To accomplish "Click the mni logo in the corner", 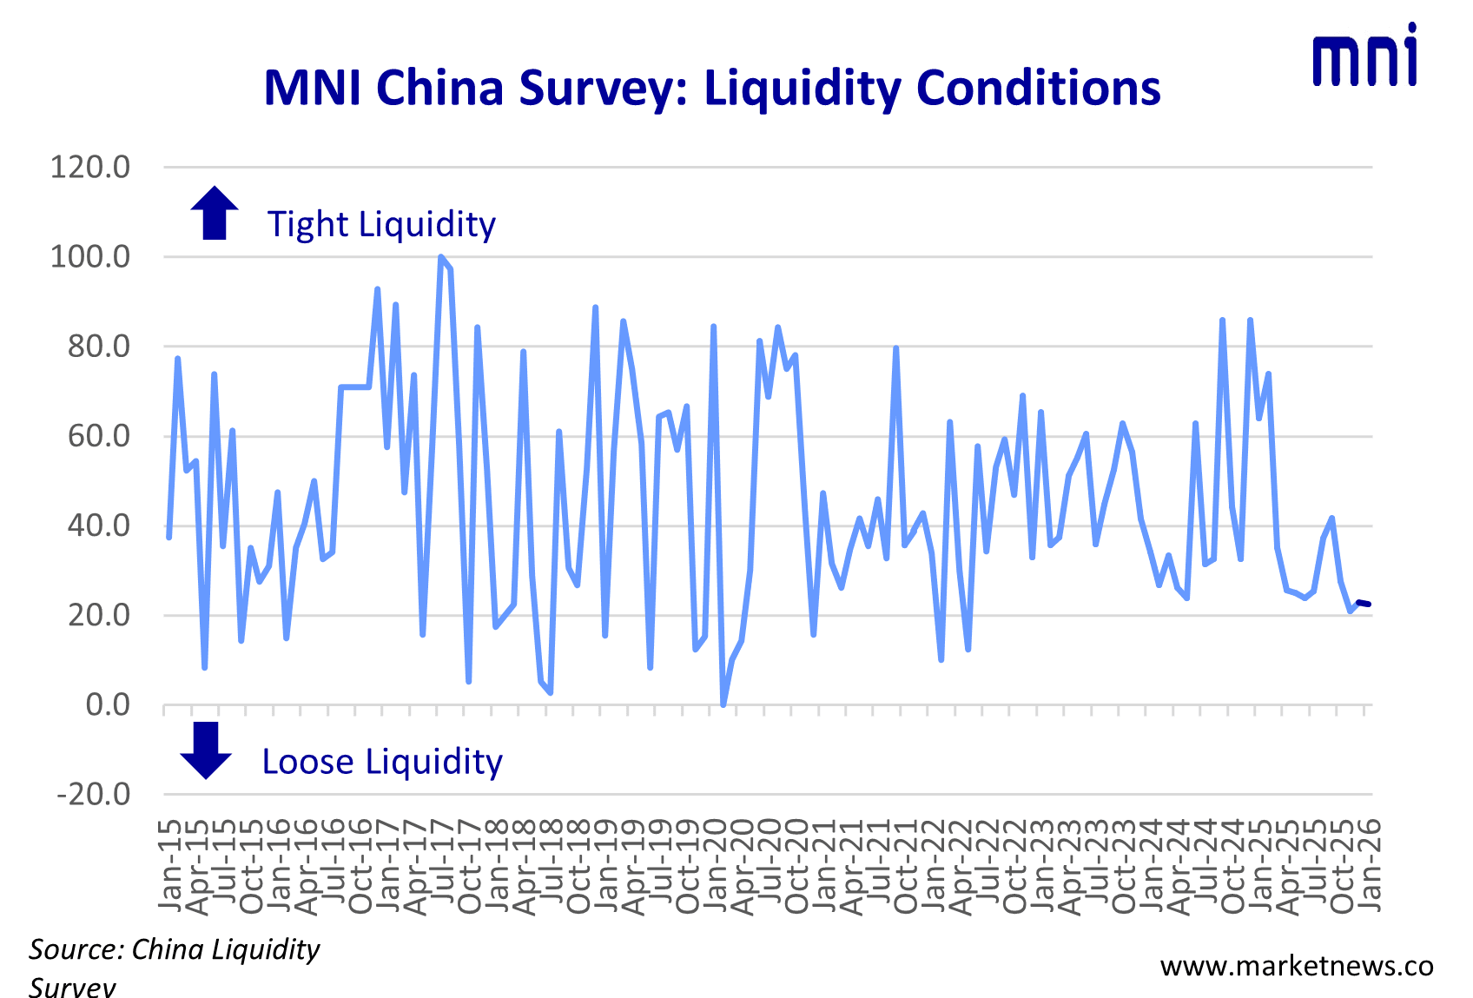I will [1364, 56].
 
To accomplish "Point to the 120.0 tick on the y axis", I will [90, 166].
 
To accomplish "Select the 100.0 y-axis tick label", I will [90, 256].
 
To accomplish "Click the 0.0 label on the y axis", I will [108, 704].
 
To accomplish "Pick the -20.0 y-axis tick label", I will [94, 794].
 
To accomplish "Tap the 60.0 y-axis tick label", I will [99, 435].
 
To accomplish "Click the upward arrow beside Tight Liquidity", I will [215, 213].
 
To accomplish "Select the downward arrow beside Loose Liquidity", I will [206, 750].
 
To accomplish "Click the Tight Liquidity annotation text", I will [381, 224].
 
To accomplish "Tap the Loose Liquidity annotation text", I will [382, 762].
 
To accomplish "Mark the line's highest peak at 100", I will [441, 258].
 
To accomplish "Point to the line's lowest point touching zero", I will [723, 703].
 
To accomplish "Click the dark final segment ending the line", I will [1364, 604].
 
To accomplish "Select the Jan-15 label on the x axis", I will [170, 864].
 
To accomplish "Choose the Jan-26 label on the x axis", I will [1369, 864].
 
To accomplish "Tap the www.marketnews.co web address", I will [1297, 966].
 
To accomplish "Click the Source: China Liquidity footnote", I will [174, 949].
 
